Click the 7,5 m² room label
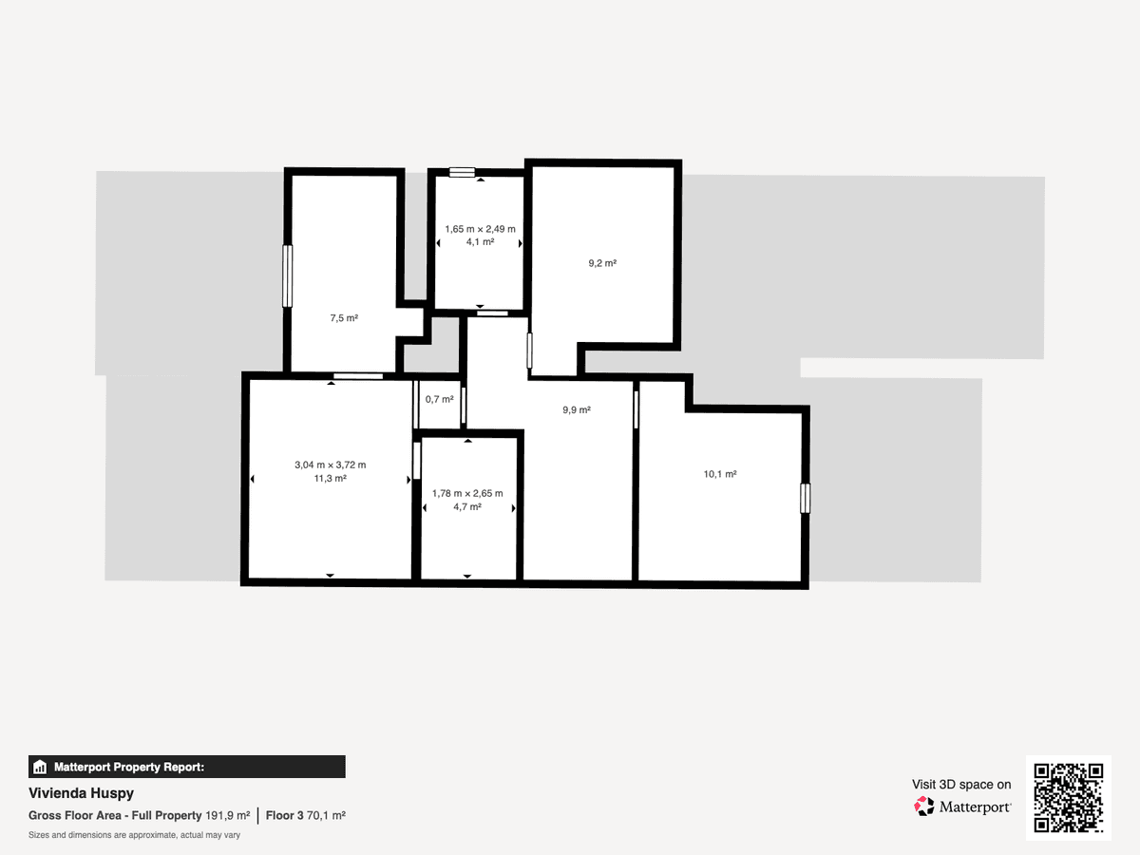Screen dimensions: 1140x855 point(344,317)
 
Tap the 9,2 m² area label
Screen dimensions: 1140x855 point(602,263)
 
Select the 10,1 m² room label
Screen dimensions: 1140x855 point(720,474)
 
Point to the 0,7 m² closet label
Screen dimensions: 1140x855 point(440,399)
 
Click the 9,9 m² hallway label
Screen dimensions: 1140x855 point(577,409)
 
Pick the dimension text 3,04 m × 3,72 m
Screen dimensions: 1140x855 point(331,465)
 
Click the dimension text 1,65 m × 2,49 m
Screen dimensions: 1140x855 point(481,229)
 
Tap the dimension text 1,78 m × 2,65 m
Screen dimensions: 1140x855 point(467,493)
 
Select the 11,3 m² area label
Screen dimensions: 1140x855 point(331,478)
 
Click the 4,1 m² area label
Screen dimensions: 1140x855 point(481,242)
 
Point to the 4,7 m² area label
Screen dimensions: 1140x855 point(467,506)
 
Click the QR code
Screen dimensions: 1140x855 point(1069,797)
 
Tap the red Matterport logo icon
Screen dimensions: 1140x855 point(923,807)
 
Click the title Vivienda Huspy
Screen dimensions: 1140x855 point(81,793)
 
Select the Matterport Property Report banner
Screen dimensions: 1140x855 point(187,767)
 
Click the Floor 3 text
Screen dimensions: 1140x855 point(285,815)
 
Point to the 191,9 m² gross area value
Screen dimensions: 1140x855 point(227,815)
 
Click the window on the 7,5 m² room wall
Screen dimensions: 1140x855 point(287,276)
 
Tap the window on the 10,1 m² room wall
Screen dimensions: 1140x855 point(805,499)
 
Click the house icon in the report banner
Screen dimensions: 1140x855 point(40,767)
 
